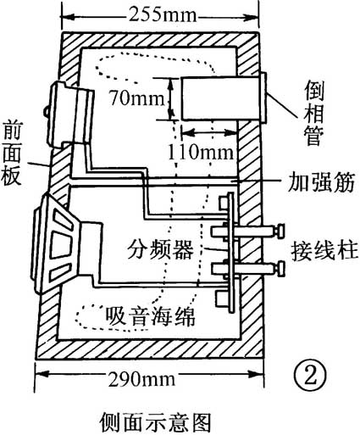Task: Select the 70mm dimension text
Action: pos(134,98)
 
